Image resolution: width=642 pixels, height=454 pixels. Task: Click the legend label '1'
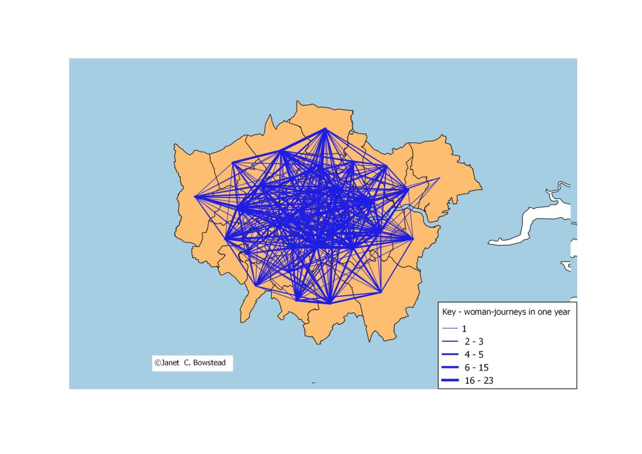pos(464,329)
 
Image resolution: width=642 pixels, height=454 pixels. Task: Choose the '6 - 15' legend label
pos(477,367)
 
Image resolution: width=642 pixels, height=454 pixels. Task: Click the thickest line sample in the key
pos(450,381)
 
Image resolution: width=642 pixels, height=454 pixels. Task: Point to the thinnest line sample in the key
pos(450,328)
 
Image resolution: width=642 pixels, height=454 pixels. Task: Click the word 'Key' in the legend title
pos(449,312)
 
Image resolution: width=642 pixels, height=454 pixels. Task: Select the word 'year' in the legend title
pos(561,312)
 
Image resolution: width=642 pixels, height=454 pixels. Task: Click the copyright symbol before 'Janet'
pos(157,363)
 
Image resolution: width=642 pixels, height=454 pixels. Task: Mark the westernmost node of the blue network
pos(195,196)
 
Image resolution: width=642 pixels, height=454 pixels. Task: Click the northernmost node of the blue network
pos(325,128)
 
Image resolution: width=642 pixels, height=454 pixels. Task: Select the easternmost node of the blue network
pos(439,178)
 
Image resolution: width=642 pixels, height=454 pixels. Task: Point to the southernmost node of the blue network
pos(330,303)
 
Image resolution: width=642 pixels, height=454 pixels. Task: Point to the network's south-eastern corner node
pos(381,292)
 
